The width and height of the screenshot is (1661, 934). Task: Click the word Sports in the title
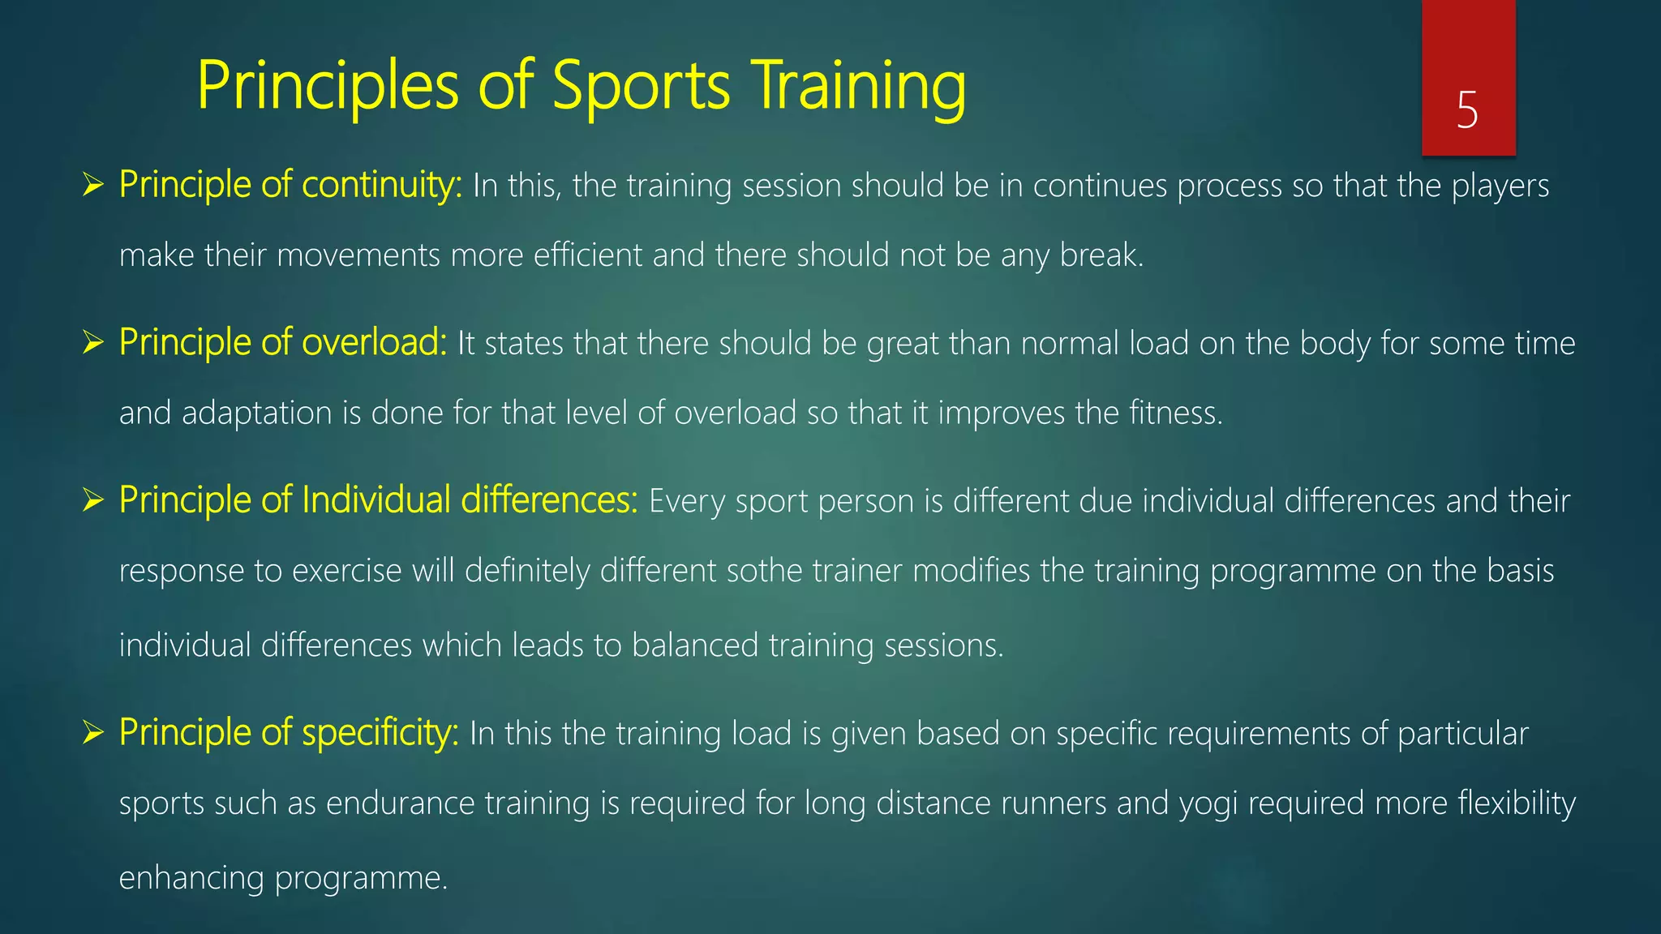point(641,88)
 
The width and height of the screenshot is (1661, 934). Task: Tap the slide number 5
point(1467,110)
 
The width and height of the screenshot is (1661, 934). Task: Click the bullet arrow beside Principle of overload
point(93,344)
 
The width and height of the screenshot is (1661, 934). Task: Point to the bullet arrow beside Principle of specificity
point(93,734)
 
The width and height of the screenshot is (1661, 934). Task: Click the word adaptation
point(256,414)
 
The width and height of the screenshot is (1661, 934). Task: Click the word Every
point(686,503)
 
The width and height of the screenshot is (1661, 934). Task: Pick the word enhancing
point(191,879)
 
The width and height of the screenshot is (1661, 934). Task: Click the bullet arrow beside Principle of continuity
point(93,186)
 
